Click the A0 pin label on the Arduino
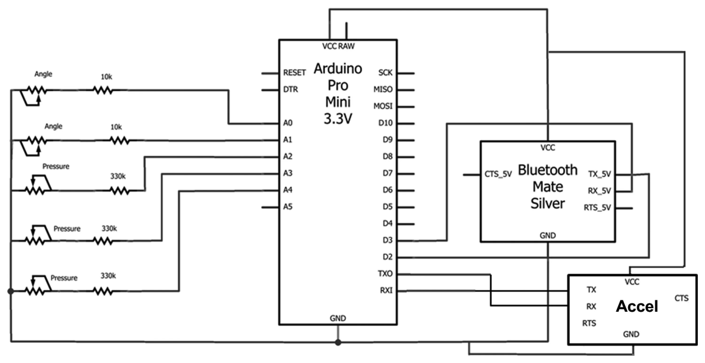point(288,123)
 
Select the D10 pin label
point(385,123)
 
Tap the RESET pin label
point(294,73)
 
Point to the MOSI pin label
point(383,106)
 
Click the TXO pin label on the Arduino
point(385,273)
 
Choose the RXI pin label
point(386,290)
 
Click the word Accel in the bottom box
point(637,306)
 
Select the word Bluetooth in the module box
point(548,170)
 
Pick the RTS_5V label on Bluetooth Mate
point(597,208)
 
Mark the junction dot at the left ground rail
point(11,291)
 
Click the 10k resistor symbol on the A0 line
point(103,90)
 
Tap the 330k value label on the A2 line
point(118,176)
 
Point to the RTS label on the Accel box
point(589,323)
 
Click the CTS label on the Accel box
point(681,298)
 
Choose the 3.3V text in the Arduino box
point(338,119)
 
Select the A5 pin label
point(288,207)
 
